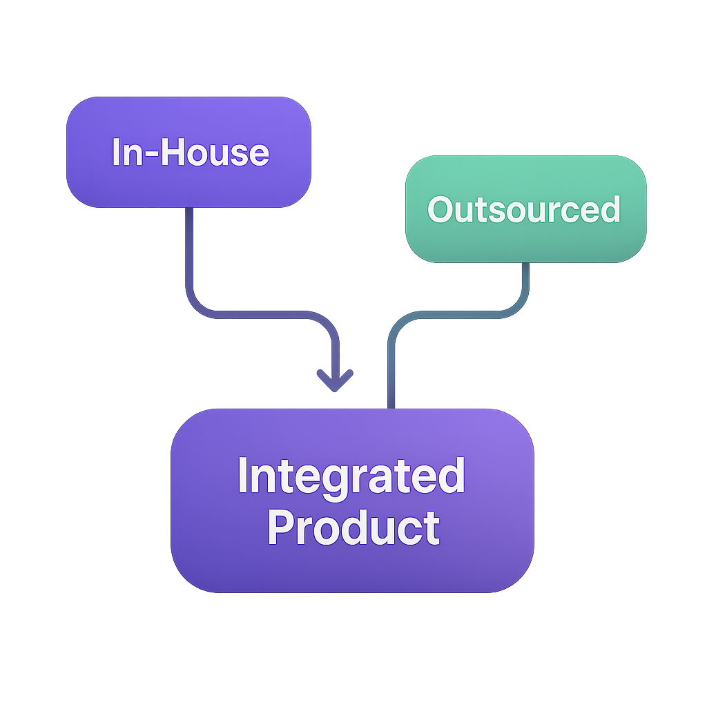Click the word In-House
coord(190,152)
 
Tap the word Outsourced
coord(524,209)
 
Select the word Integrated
coord(351,476)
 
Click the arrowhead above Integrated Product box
coord(335,381)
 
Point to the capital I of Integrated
coord(242,475)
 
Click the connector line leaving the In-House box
coord(188,255)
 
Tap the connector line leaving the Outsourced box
coord(525,283)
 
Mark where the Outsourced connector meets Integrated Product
coord(391,408)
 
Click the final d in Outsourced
coord(609,209)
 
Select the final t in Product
coord(433,528)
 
